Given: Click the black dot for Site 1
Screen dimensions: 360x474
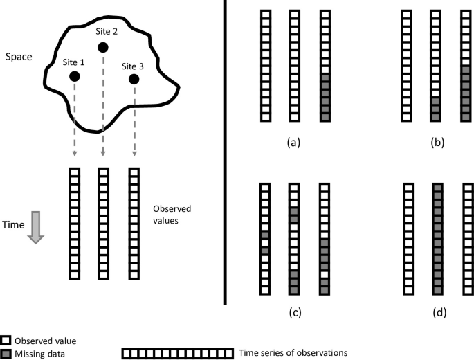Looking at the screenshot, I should (x=74, y=76).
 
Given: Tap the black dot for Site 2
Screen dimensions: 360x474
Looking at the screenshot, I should (x=103, y=47).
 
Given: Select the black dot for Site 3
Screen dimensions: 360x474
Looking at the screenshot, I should (x=134, y=80).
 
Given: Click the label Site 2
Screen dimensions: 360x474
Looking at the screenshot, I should (x=107, y=31).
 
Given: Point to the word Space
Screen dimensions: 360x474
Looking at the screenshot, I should (x=18, y=55).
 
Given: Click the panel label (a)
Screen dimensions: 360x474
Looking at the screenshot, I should (x=294, y=143).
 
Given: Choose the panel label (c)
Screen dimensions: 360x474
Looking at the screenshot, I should (x=294, y=312).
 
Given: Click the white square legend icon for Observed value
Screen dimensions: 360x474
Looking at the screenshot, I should (x=6, y=341).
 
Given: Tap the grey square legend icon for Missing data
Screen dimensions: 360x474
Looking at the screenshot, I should (x=6, y=353).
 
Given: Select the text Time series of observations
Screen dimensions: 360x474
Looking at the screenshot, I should (x=293, y=353).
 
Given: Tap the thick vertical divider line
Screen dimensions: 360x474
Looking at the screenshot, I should (x=226, y=152).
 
